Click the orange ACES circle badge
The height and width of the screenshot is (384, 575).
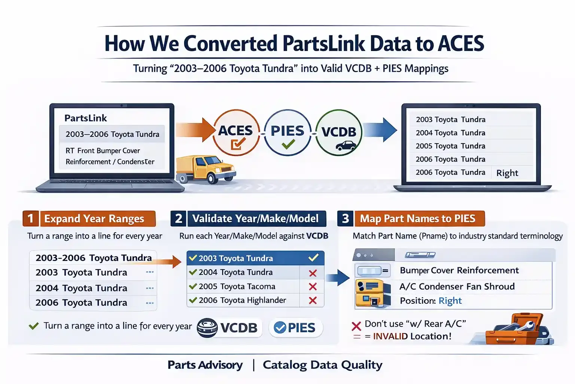(x=236, y=132)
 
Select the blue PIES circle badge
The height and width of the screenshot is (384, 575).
(x=287, y=132)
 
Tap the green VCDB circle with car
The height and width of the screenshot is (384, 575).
(x=339, y=132)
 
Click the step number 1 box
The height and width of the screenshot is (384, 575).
(x=30, y=218)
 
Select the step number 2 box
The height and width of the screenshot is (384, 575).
(x=179, y=218)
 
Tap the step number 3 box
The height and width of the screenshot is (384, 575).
(x=345, y=218)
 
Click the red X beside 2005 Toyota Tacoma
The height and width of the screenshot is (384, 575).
(x=313, y=287)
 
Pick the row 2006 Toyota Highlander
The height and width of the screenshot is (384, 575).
(x=242, y=300)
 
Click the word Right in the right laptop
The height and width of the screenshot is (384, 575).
(x=507, y=173)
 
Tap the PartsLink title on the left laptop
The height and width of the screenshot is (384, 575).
(x=86, y=118)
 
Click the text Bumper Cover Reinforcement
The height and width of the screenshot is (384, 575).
(x=459, y=270)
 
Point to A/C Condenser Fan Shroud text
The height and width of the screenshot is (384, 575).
(x=457, y=286)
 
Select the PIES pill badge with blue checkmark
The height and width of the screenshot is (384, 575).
(x=295, y=328)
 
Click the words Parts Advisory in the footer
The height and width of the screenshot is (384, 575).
(x=205, y=365)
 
